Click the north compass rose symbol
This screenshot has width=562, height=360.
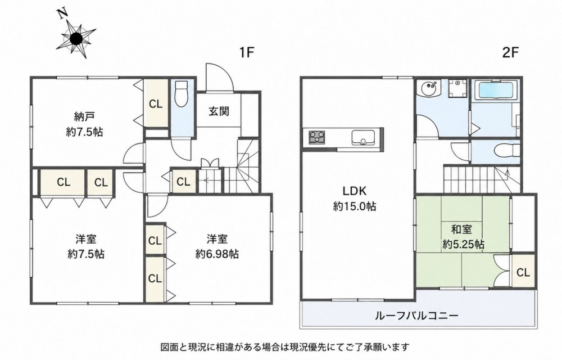point(76,38)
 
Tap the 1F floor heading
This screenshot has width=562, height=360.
point(247,53)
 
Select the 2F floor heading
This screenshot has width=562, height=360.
point(510,53)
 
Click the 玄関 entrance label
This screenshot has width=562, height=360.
point(219,111)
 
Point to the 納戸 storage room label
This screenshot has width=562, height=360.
point(85,116)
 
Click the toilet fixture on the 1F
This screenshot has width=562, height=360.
point(182,93)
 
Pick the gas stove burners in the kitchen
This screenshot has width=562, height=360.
point(317,137)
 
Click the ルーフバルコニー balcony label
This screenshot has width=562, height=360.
point(417,316)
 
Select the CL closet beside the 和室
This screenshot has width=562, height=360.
point(523,272)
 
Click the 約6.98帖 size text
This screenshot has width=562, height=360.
point(217,254)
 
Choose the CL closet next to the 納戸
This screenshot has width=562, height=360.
point(156,103)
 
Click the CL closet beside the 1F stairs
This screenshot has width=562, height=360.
point(184,182)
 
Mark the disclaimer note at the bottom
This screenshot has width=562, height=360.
point(285,347)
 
